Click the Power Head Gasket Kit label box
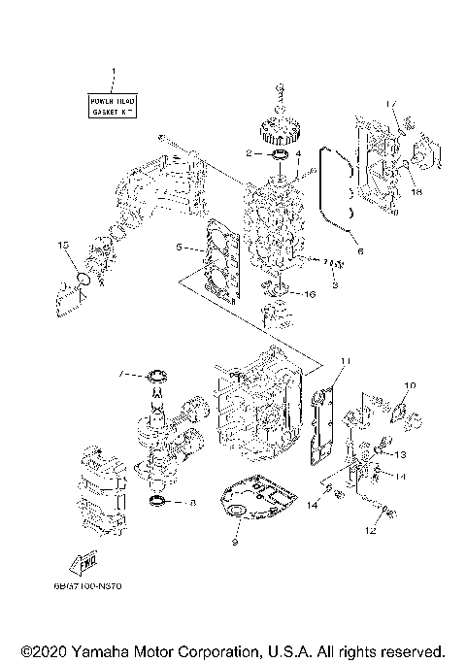click(x=114, y=107)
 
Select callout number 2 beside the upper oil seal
click(x=250, y=153)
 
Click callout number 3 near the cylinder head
click(x=334, y=286)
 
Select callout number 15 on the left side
click(x=64, y=247)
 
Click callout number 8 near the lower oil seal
click(x=192, y=503)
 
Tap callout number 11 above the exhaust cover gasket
click(x=343, y=360)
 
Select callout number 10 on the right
click(x=409, y=385)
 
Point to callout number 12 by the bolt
click(x=369, y=531)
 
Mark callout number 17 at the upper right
click(x=392, y=103)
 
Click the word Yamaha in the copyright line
click(x=100, y=649)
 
